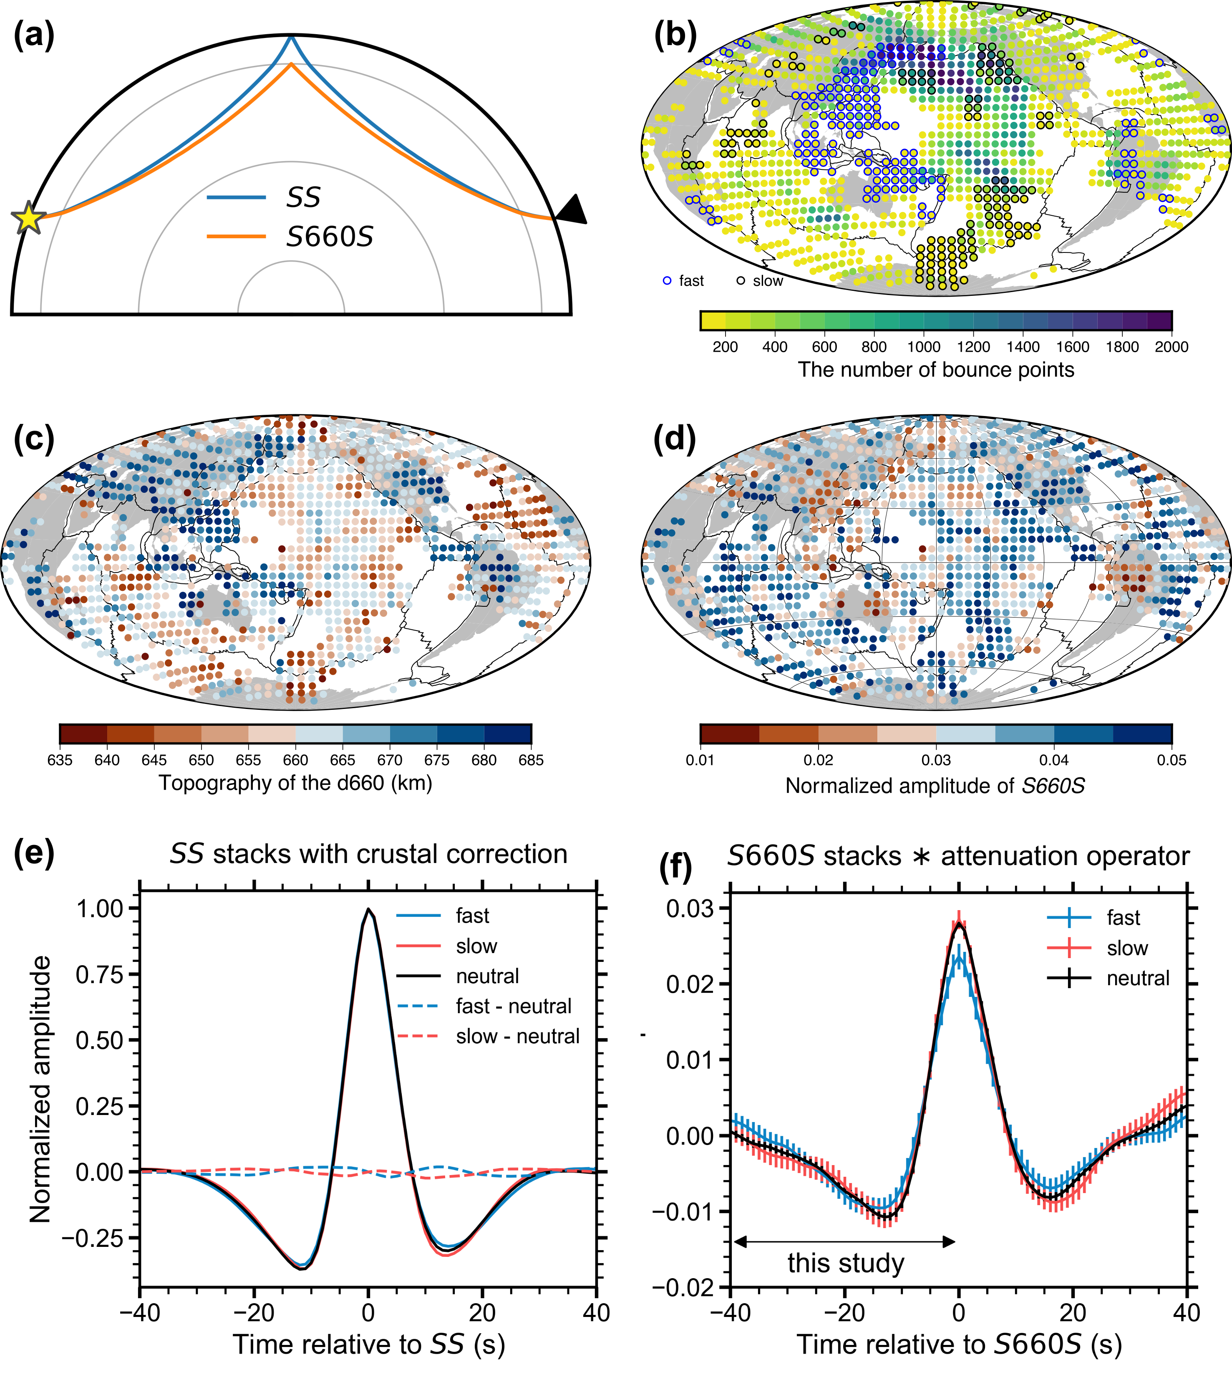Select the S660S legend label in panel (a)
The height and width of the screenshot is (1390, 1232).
(x=330, y=237)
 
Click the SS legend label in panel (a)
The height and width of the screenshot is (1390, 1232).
(x=303, y=197)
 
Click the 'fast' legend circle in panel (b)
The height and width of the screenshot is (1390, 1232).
(x=667, y=280)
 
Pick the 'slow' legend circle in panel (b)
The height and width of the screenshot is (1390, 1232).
(x=741, y=280)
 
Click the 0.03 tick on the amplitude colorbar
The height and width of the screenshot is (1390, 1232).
(x=936, y=759)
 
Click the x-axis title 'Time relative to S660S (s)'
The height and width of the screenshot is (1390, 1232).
(x=959, y=1345)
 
